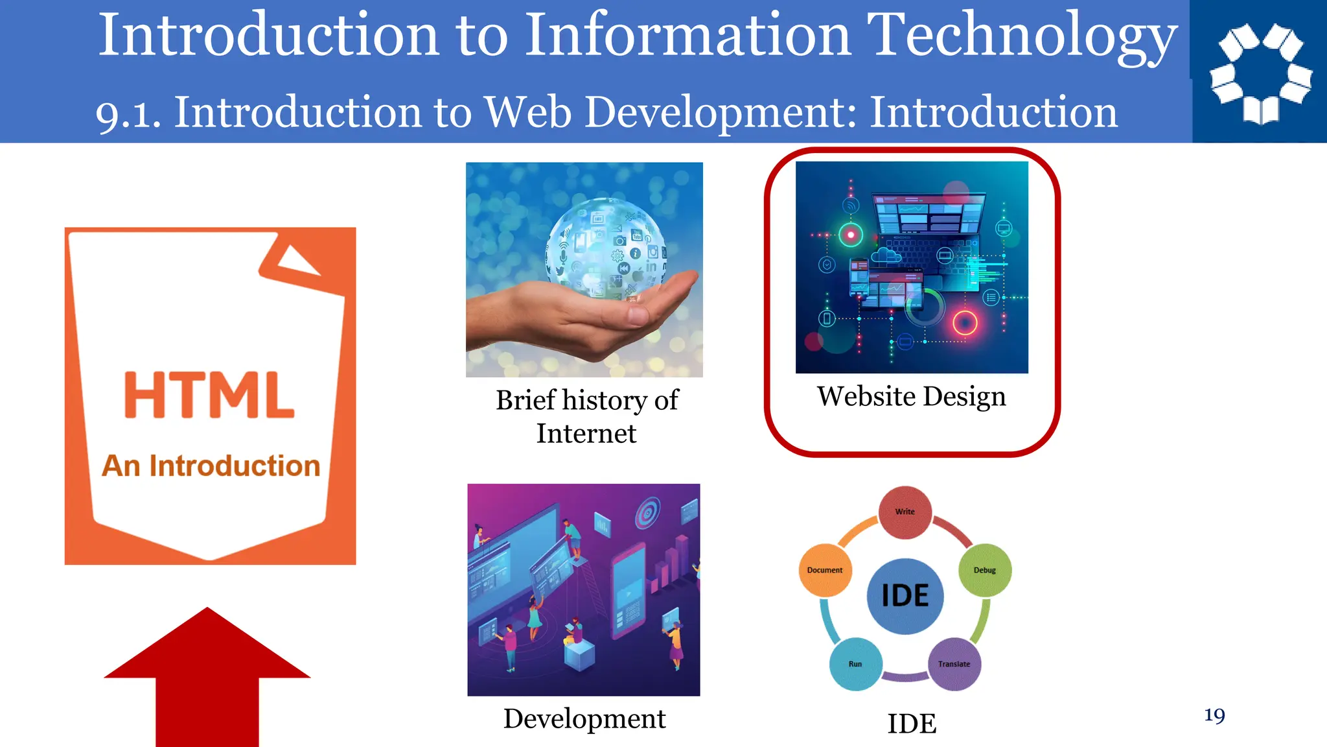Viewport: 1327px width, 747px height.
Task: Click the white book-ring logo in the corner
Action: [1260, 73]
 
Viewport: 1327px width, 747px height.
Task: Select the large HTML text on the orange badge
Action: [209, 395]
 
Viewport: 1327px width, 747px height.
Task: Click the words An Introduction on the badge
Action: [211, 466]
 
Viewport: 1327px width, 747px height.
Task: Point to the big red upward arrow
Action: [207, 674]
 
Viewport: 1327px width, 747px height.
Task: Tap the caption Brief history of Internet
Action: [586, 416]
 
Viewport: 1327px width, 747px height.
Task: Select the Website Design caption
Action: [911, 396]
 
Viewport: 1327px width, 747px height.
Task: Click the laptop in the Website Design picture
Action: [927, 233]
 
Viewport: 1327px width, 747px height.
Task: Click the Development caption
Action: [584, 718]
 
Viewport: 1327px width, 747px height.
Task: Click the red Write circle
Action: [905, 512]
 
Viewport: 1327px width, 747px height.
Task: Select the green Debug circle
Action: [984, 571]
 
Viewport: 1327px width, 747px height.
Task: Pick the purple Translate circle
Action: [954, 664]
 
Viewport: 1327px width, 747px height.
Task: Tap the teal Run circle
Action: [855, 664]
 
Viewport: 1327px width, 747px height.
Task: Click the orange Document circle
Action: [825, 571]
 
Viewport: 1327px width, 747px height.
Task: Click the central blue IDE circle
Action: [905, 596]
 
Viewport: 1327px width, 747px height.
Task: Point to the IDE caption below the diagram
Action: [912, 724]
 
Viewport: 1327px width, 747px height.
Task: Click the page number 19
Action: [1214, 715]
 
